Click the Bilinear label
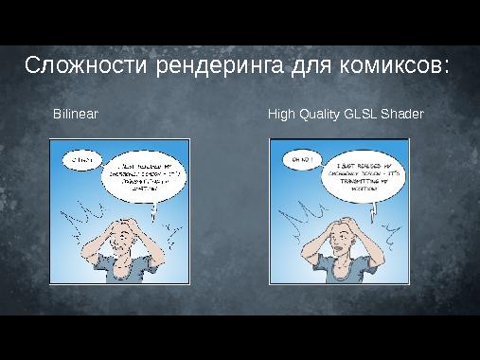tap(76, 114)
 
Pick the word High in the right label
tap(281, 114)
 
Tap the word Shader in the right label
tap(402, 114)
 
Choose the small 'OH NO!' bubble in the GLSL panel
tap(300, 158)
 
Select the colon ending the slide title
tap(444, 69)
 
